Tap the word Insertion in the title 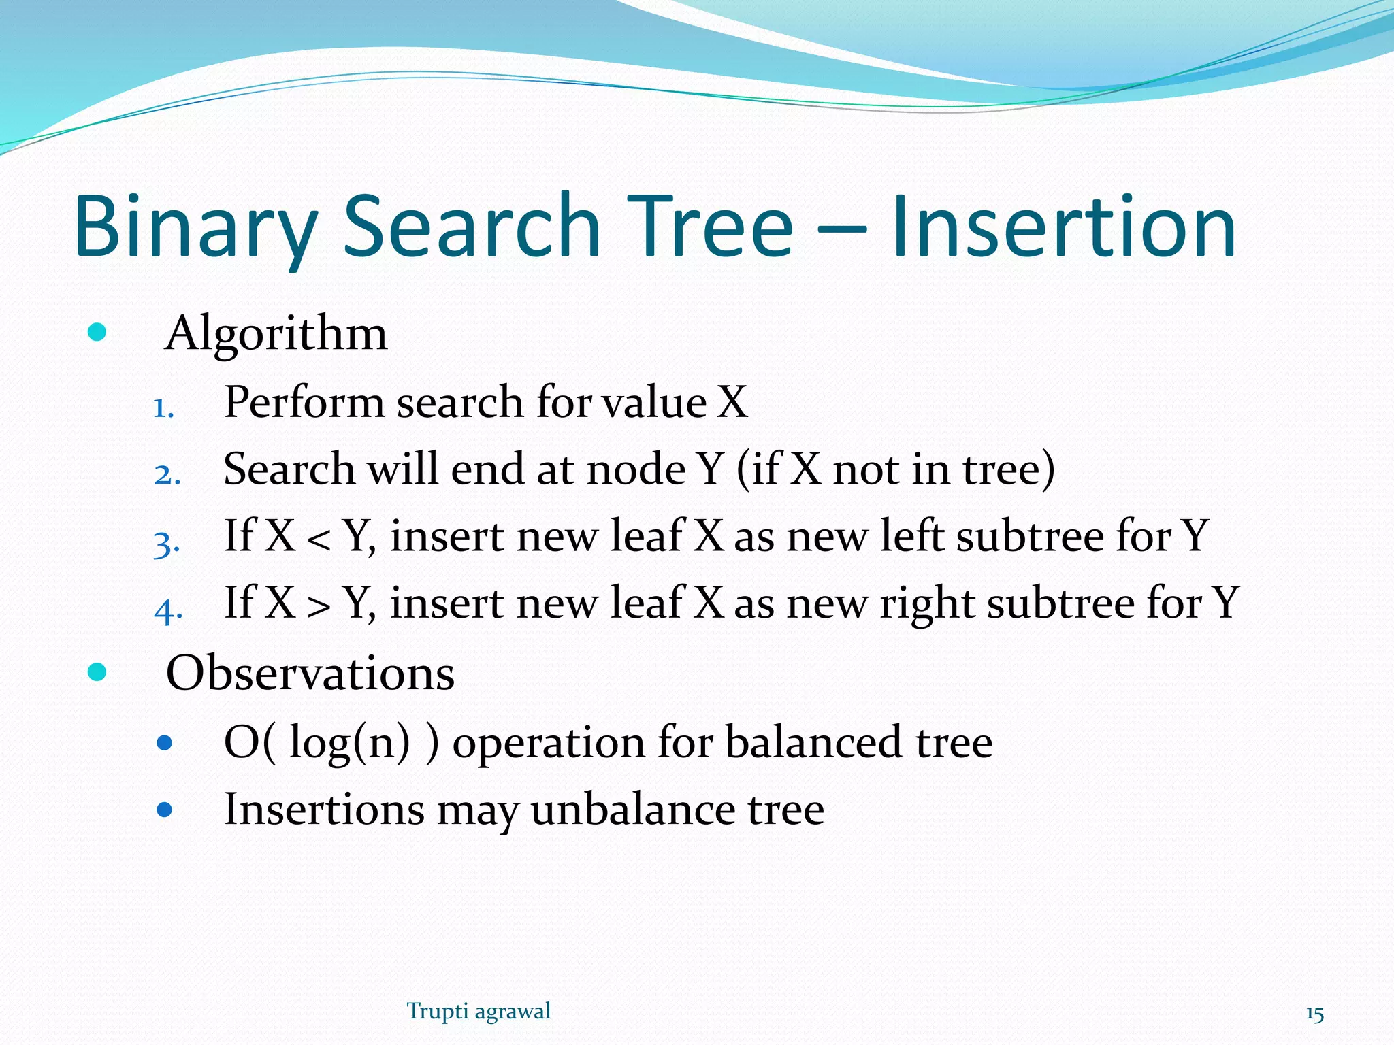tap(1063, 228)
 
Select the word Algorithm tap(276, 333)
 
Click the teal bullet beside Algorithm tap(97, 333)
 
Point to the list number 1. tap(163, 409)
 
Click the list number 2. tap(167, 475)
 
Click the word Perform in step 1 tap(304, 402)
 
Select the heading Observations tap(310, 673)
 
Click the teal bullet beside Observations tap(97, 672)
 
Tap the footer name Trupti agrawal tap(479, 1011)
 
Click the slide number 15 tap(1314, 1014)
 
